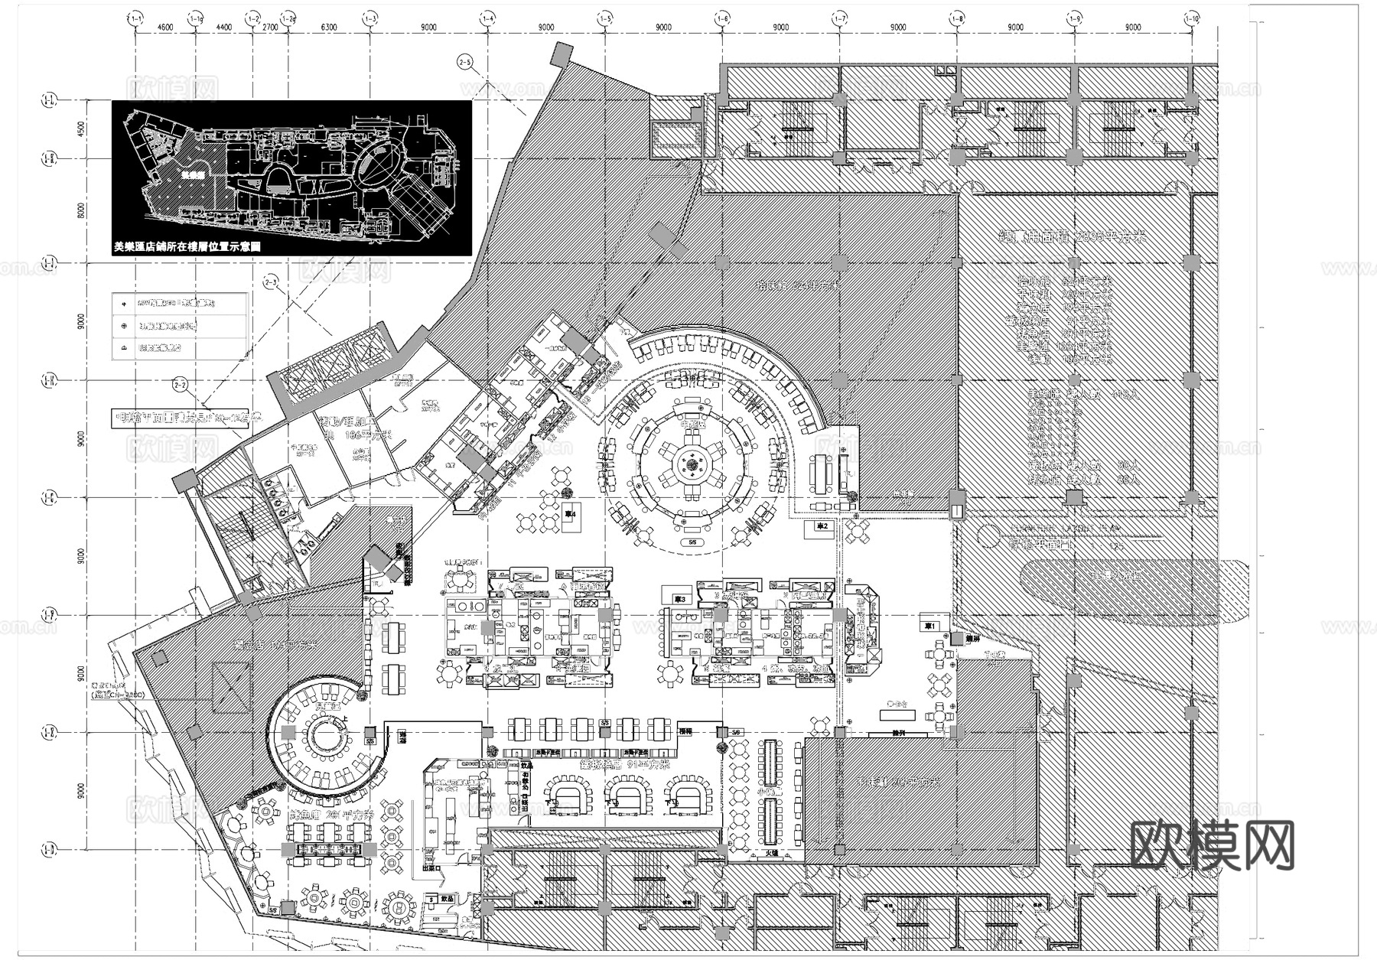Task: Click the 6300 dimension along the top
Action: pos(329,28)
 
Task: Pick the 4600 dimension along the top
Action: pos(165,28)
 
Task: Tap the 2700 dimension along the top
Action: pos(270,28)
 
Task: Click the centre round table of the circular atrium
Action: pos(692,463)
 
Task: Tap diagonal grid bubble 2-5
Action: pos(464,60)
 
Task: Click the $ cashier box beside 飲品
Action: pos(435,900)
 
